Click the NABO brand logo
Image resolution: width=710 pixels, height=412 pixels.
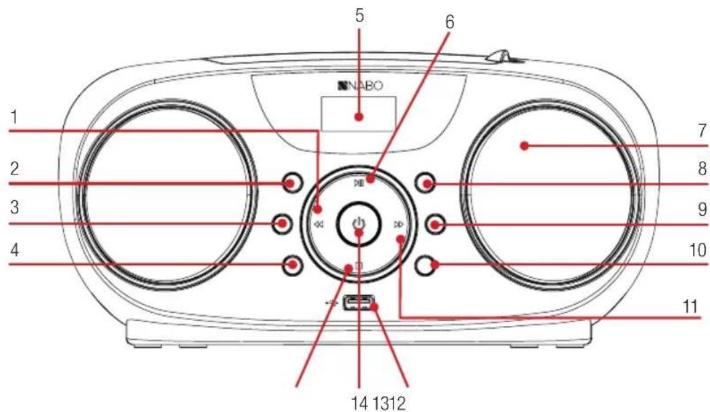pyautogui.click(x=359, y=86)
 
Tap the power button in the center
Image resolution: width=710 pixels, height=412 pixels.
pyautogui.click(x=358, y=224)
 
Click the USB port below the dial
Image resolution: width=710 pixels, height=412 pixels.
pyautogui.click(x=359, y=303)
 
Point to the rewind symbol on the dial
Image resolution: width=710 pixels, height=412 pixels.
pyautogui.click(x=318, y=224)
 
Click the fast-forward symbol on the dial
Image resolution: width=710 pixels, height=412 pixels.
pyautogui.click(x=398, y=224)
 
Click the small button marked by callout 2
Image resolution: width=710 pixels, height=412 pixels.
pyautogui.click(x=292, y=183)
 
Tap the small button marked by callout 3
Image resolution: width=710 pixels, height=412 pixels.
pyautogui.click(x=282, y=224)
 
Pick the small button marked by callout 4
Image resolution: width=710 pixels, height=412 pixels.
pyautogui.click(x=292, y=264)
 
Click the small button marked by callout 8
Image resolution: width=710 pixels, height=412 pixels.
pyautogui.click(x=425, y=183)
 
